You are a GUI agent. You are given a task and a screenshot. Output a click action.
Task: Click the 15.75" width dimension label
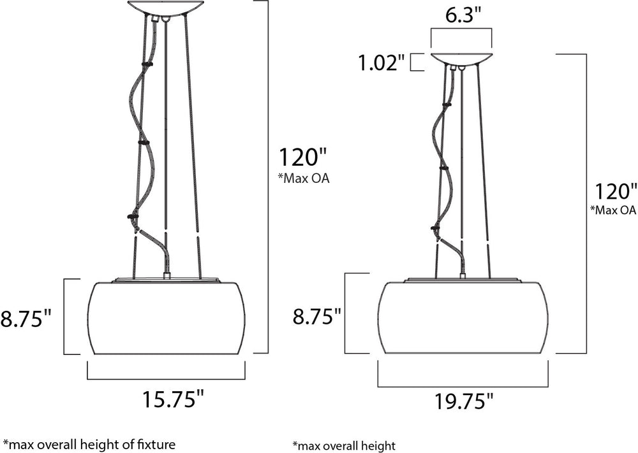tap(172, 399)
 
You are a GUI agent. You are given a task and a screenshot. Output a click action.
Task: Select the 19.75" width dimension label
tap(464, 401)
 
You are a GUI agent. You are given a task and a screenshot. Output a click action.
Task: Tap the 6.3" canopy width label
tap(463, 17)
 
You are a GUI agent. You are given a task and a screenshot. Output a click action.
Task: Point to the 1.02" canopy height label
tap(382, 63)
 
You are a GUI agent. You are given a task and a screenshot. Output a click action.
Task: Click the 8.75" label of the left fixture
tap(27, 318)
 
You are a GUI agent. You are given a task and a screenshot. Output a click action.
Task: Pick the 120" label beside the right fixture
tap(616, 191)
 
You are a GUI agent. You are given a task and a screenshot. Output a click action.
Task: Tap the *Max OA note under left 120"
tap(304, 178)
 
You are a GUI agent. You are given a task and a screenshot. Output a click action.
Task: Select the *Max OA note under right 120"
tap(613, 210)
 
